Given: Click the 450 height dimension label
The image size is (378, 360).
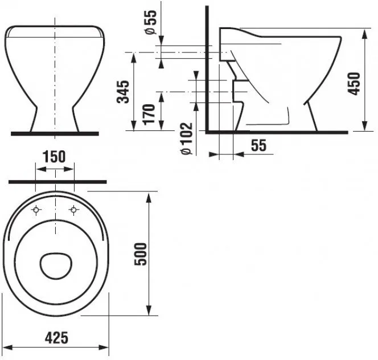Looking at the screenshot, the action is pos(354,84).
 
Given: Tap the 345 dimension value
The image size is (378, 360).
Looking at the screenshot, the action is pos(123,92).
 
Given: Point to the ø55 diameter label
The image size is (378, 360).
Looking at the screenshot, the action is pos(151,22).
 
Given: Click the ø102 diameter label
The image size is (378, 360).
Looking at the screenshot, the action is pos(187,138).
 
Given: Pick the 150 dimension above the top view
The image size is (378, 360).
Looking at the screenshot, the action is pos(54,156).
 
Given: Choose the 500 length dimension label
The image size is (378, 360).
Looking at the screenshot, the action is pos(141,254).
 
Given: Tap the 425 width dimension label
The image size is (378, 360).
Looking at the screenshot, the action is pos(56,338).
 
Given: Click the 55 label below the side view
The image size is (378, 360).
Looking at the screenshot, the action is pos(258,145).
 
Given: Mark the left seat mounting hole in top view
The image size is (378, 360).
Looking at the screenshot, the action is pos(36,210).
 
